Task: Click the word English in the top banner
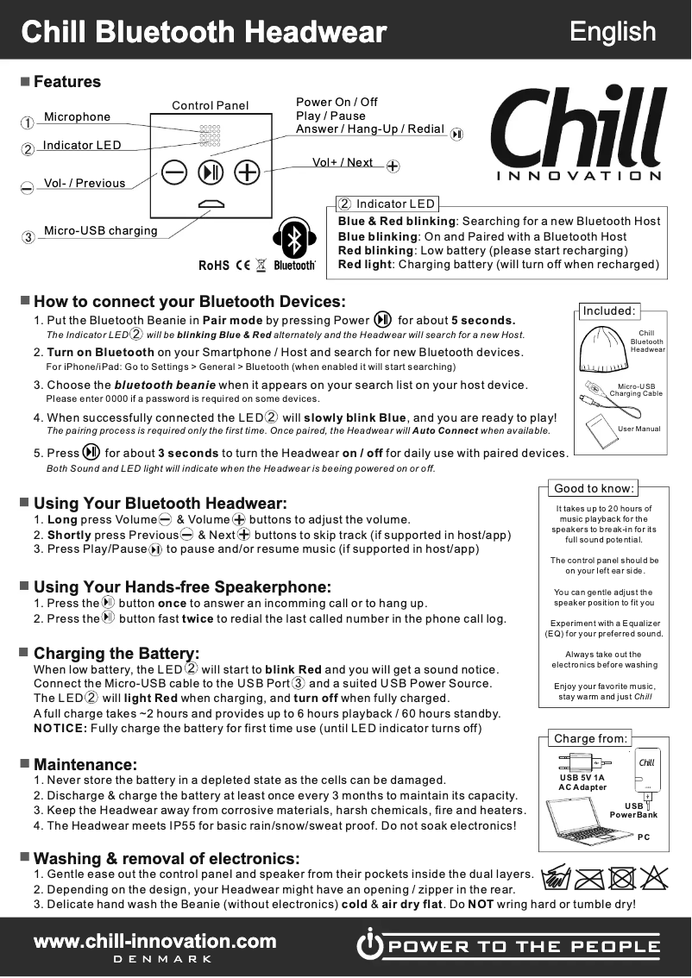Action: (613, 31)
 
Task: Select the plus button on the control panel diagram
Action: (248, 172)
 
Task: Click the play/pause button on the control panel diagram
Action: (211, 172)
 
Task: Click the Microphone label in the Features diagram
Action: (77, 117)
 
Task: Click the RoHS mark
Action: (213, 265)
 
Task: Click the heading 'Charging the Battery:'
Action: (116, 653)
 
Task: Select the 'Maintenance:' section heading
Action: (85, 764)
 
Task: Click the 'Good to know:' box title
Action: (594, 488)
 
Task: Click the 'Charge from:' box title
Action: (590, 738)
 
